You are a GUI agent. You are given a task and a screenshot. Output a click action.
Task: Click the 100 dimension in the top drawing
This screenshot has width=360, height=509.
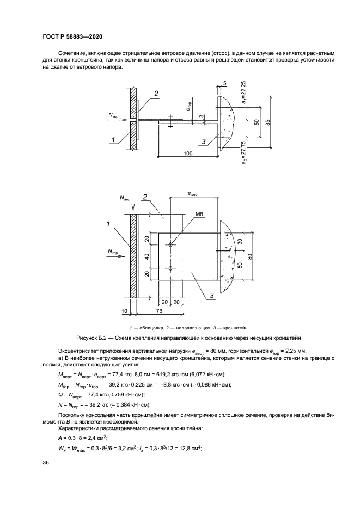tap(187, 154)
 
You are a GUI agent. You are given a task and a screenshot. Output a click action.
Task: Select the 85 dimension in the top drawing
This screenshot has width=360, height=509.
tap(267, 122)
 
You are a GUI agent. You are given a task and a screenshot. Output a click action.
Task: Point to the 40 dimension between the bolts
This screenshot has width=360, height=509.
tap(147, 255)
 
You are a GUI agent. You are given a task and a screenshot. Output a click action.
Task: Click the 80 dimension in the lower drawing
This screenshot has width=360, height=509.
tap(250, 256)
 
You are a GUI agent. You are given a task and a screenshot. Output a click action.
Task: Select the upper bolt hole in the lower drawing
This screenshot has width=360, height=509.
tap(171, 245)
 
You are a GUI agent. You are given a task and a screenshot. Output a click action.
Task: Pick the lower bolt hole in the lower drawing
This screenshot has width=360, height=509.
tap(171, 267)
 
